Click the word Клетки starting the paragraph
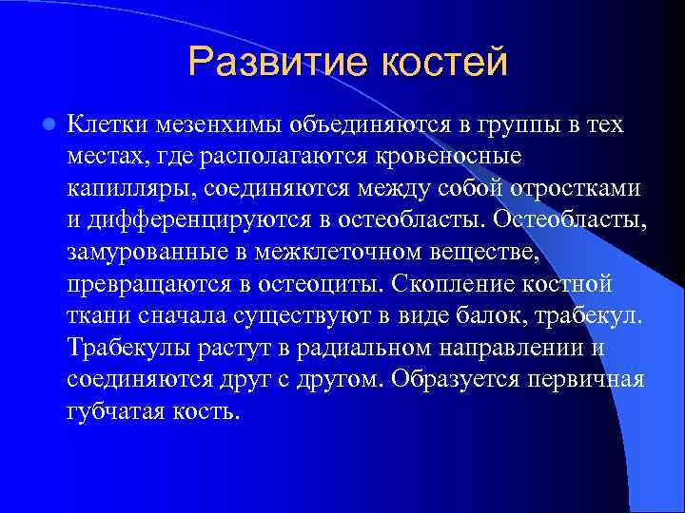coord(108,124)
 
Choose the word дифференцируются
coord(179,220)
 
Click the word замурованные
coord(136,253)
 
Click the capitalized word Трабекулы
coord(128,348)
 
